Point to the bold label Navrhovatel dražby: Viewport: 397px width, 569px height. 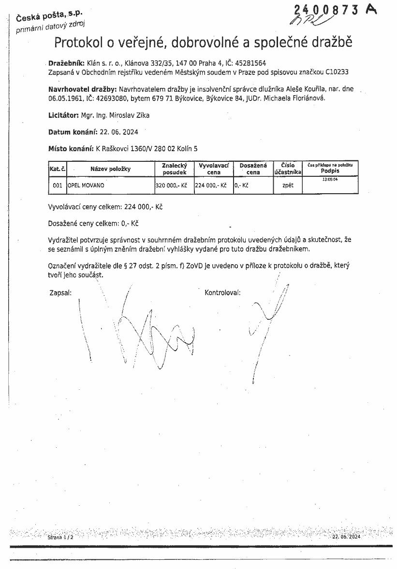[82, 89]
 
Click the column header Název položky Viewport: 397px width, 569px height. [110, 169]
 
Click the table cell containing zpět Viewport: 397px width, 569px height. [287, 185]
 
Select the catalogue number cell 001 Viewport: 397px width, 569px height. [57, 185]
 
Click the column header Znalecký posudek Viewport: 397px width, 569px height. [174, 169]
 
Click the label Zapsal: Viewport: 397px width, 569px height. [60, 292]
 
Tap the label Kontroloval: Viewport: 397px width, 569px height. [222, 292]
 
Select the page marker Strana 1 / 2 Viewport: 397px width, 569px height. [60, 537]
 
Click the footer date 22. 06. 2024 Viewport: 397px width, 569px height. [346, 537]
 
